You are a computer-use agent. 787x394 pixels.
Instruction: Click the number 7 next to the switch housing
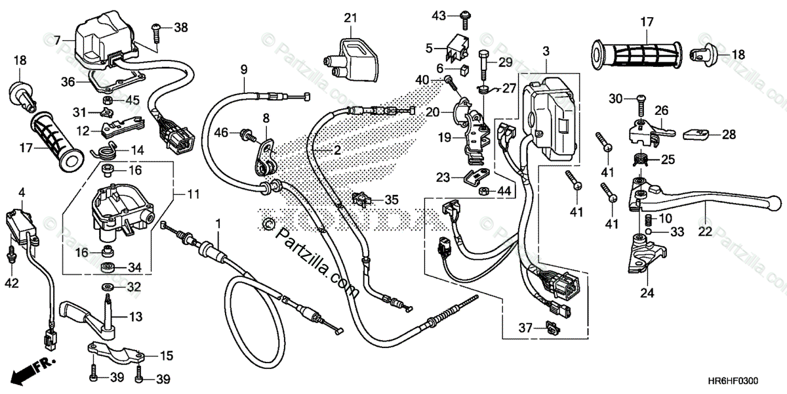point(58,40)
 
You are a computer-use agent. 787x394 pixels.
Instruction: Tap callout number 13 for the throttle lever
point(134,317)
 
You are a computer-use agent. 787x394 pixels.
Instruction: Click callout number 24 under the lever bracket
point(647,293)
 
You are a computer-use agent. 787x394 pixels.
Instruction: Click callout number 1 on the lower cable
point(218,225)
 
